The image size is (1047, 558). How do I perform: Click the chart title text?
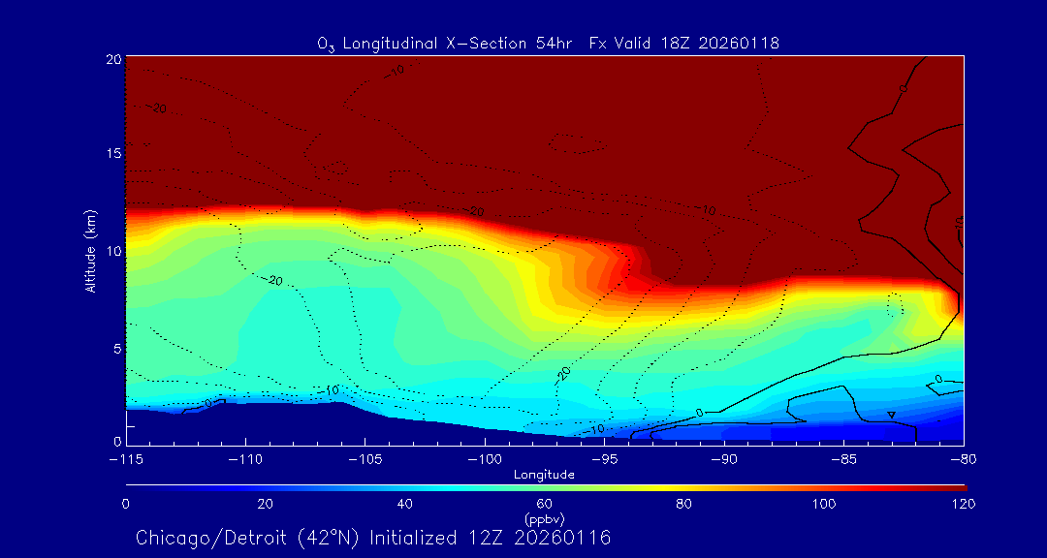[549, 43]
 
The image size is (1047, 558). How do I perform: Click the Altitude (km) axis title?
[90, 251]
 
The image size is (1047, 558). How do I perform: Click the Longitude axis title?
[544, 475]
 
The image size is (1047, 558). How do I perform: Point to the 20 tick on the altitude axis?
[113, 59]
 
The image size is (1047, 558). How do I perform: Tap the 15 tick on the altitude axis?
[113, 155]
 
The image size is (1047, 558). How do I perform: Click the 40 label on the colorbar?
[405, 504]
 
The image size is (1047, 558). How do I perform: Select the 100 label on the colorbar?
[824, 504]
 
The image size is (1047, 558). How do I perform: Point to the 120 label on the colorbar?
[964, 504]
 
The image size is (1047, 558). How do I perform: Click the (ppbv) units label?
[545, 518]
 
